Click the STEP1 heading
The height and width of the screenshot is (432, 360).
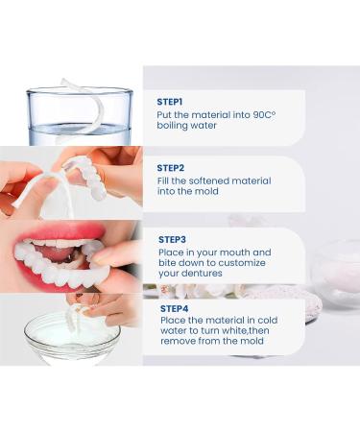coord(170,101)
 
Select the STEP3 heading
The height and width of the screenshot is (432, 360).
coord(171,238)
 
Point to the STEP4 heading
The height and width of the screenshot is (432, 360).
coord(171,308)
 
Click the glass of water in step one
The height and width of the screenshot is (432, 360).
coord(80,117)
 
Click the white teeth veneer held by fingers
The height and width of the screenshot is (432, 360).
coord(92,178)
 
